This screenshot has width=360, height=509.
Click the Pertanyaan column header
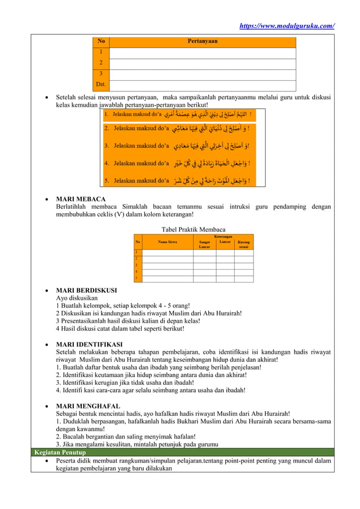click(x=202, y=41)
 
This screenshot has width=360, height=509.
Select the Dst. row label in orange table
click(x=101, y=85)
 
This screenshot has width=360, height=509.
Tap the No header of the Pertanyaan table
click(x=101, y=41)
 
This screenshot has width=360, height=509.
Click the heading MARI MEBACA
click(x=81, y=199)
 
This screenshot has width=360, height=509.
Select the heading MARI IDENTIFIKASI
click(x=89, y=344)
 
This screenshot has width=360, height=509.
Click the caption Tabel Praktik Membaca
click(x=194, y=229)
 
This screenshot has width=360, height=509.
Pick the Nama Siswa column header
click(x=167, y=242)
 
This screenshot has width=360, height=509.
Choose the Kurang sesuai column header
click(x=244, y=244)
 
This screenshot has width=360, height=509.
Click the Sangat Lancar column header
click(x=204, y=244)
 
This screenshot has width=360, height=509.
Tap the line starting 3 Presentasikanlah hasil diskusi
click(x=128, y=321)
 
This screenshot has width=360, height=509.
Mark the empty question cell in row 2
click(x=202, y=63)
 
